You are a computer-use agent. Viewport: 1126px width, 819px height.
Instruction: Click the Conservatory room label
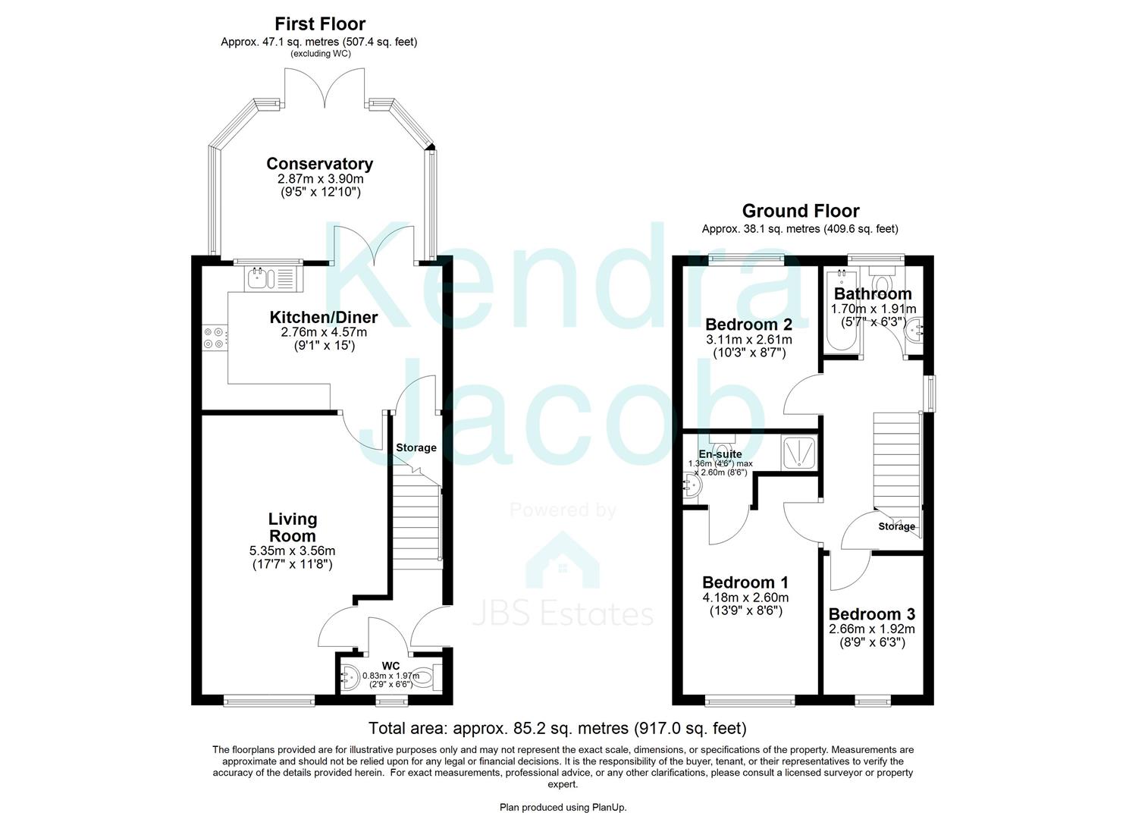pos(320,164)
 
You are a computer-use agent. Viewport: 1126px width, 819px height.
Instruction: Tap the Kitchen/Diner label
pos(324,317)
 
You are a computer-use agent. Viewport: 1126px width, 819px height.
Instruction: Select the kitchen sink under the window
pos(274,278)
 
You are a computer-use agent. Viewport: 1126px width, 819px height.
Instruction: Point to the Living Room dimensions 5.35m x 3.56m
pos(292,551)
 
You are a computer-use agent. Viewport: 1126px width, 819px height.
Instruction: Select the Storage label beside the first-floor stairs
pos(416,447)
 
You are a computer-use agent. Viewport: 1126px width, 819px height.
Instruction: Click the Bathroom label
pos(873,293)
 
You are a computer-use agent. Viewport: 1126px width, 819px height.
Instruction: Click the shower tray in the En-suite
pos(798,453)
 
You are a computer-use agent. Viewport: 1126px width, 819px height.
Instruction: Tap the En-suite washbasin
pos(692,487)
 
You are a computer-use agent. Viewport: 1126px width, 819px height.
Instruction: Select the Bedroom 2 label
pos(749,325)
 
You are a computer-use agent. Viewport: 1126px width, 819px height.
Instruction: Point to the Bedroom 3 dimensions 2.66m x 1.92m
pos(872,629)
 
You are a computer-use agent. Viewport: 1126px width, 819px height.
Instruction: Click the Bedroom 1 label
pos(745,582)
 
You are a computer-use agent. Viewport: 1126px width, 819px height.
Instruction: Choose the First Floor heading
pos(320,24)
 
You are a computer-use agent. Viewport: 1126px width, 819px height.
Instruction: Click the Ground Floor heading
pos(801,211)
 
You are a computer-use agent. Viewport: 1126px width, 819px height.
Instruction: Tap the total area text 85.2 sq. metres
pos(557,728)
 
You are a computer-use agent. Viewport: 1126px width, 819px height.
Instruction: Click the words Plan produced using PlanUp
pos(563,808)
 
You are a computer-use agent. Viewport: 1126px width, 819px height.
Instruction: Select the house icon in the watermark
pos(563,560)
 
